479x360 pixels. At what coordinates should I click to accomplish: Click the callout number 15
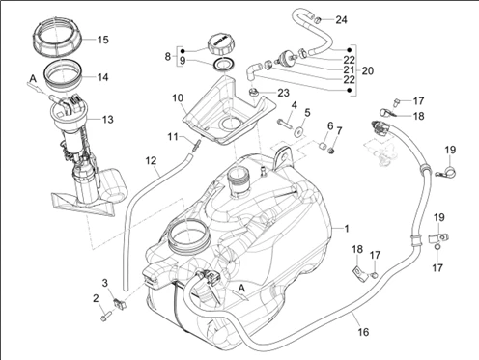103,40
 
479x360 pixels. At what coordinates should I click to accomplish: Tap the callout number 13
108,120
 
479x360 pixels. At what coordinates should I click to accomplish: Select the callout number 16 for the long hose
363,332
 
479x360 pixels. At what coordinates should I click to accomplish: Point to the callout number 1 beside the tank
347,229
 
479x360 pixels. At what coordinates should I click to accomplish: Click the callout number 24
341,20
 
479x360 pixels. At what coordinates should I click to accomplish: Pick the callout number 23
283,93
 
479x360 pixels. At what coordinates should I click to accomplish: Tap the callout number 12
151,160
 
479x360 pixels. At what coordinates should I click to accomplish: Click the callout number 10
178,97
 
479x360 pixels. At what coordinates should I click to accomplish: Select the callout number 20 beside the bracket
368,70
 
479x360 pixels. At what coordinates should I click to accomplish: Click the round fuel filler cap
219,45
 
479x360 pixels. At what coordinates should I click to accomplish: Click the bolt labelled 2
106,315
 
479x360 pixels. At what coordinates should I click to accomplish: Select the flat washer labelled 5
298,131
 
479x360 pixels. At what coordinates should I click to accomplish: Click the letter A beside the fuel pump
32,79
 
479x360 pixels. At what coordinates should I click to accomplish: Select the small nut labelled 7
331,150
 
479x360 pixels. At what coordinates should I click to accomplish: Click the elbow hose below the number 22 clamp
253,71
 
